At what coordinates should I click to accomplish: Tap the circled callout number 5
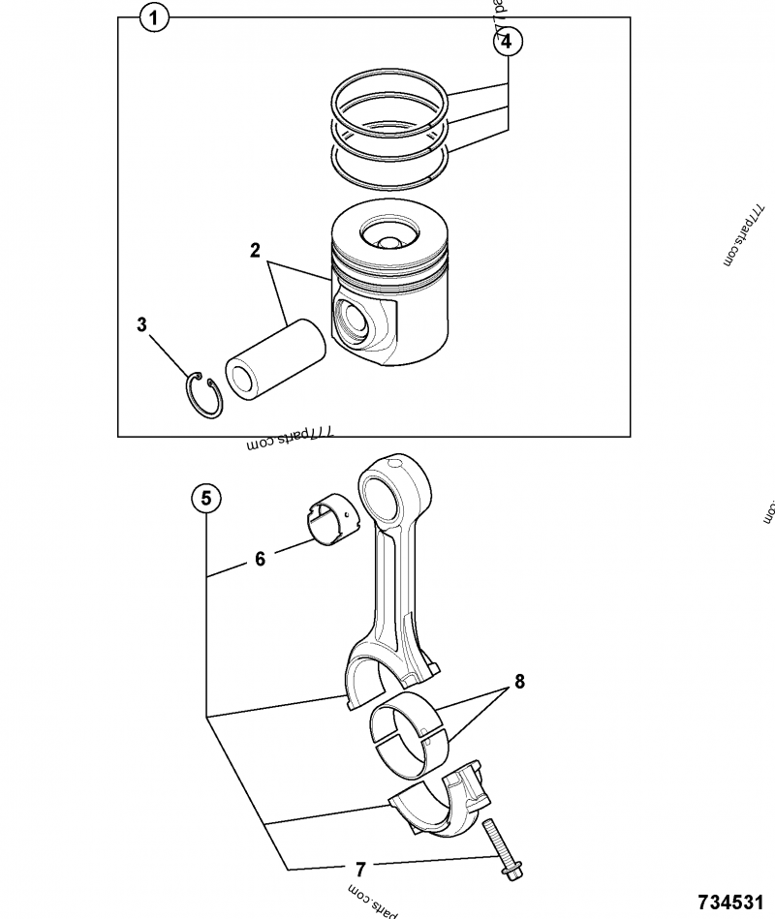point(205,499)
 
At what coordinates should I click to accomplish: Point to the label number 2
point(255,251)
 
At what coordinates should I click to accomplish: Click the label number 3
point(141,325)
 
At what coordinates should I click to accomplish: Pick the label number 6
point(260,559)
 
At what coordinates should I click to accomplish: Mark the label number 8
point(519,682)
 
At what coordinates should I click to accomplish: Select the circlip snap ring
point(204,396)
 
